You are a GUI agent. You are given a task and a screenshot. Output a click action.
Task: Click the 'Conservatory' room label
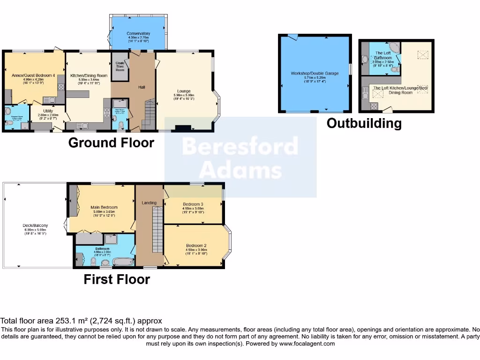[138, 34]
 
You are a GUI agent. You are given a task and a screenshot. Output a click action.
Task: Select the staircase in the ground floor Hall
[149, 115]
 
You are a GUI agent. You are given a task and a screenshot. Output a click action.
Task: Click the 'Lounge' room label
[184, 91]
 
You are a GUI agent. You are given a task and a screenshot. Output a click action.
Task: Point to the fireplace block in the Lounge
[183, 127]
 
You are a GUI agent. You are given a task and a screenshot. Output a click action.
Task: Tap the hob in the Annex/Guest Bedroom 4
[60, 87]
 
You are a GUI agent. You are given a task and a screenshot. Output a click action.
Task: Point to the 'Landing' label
[149, 202]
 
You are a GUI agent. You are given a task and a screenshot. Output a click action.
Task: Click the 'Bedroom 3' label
[193, 204]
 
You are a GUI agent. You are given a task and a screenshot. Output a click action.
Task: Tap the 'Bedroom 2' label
[196, 246]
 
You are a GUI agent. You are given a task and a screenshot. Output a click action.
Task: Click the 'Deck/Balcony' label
[36, 226]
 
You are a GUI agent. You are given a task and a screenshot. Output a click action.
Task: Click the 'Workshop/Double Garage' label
[314, 74]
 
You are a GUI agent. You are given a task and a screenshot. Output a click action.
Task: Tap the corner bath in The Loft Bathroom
[395, 48]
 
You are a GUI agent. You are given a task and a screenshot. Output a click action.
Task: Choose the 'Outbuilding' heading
[364, 123]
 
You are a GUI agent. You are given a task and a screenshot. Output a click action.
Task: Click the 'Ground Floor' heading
[111, 142]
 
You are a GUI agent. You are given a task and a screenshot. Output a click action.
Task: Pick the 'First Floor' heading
[117, 279]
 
